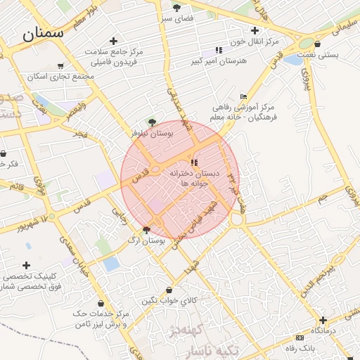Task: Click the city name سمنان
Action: (43, 32)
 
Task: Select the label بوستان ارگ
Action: (143, 240)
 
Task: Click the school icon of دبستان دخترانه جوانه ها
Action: (195, 163)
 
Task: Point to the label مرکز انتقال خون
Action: (258, 41)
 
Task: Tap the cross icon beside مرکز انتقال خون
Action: (255, 30)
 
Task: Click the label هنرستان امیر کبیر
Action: (224, 61)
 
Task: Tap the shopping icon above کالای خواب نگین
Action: (168, 290)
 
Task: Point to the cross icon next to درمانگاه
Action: (323, 320)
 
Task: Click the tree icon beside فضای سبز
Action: (176, 7)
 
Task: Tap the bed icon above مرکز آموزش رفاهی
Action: (244, 96)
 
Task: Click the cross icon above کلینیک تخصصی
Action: (27, 265)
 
